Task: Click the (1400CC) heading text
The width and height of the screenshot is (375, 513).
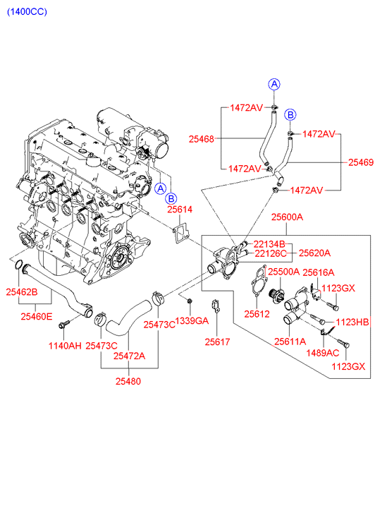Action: point(27,12)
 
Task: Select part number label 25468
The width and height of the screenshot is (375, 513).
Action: point(202,139)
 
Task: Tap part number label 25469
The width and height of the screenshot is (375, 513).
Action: point(361,162)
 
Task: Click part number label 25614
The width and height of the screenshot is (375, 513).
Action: point(180,209)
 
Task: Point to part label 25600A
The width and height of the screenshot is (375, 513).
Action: point(287,217)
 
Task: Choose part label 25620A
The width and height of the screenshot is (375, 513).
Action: point(314,253)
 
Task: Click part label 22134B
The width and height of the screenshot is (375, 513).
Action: point(269,244)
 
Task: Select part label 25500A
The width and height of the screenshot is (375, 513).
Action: point(284,272)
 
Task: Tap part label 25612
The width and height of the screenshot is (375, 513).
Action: point(257,314)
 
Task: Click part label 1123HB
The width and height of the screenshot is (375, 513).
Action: point(352,322)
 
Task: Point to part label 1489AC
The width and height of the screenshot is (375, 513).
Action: point(323,353)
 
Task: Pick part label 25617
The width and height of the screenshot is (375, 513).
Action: point(217,342)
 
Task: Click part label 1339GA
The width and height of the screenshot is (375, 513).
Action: point(192,321)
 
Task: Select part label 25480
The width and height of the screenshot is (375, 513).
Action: point(128,381)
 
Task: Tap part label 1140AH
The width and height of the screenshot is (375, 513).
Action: point(65,346)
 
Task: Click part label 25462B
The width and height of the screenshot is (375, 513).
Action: point(22,292)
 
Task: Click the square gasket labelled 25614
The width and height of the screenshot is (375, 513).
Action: point(181,234)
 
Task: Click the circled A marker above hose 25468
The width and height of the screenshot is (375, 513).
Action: point(274,85)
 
